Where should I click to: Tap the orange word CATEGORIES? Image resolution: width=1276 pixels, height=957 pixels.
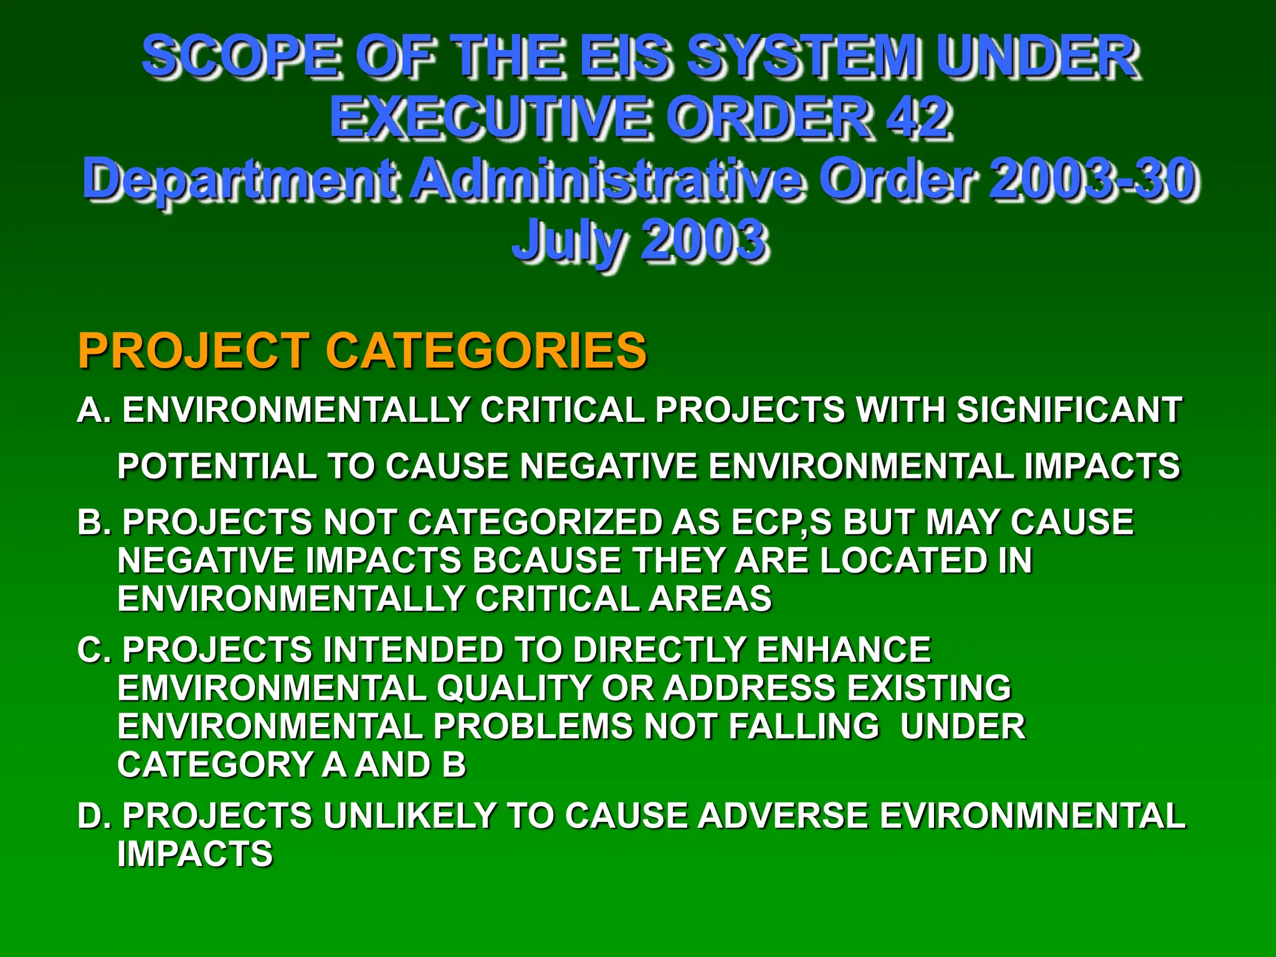[486, 350]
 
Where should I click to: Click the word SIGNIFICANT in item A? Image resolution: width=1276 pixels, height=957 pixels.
[1069, 410]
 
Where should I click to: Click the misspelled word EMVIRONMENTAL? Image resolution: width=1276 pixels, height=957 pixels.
[272, 688]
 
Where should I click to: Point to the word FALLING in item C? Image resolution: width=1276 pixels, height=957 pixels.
[804, 727]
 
